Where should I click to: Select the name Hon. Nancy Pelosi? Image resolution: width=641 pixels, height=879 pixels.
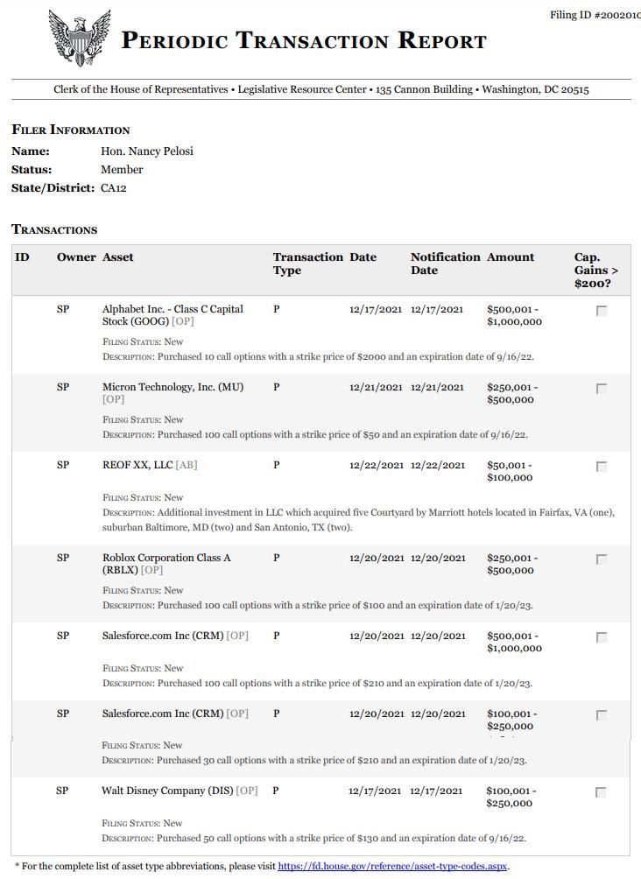tap(147, 151)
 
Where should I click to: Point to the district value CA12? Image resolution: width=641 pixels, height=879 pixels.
tap(114, 187)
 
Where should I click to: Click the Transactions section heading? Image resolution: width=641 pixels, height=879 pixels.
tap(54, 229)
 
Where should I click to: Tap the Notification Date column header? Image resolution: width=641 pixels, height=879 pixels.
tap(445, 264)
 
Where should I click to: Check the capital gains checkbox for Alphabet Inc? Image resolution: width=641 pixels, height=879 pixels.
tap(602, 311)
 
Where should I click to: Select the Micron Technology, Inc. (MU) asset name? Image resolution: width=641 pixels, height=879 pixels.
tap(173, 387)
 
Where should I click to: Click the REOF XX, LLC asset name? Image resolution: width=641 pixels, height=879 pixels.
tap(138, 465)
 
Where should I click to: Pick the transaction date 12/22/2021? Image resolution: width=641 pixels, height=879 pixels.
tap(377, 465)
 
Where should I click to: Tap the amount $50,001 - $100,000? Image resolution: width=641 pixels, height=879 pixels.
tap(510, 471)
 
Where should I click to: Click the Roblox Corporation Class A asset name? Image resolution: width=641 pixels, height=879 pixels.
tap(166, 558)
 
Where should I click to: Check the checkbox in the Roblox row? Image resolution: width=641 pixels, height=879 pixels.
tap(602, 559)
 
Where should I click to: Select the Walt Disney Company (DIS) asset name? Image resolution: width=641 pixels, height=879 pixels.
tap(167, 791)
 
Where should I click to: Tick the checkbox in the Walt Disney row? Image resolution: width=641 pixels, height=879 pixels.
tap(601, 792)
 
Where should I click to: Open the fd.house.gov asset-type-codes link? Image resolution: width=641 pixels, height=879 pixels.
tap(392, 867)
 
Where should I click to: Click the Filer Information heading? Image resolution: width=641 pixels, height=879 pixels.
tap(71, 130)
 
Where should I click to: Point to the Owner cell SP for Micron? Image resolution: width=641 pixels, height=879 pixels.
tap(63, 387)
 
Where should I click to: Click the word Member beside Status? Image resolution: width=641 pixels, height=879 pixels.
tap(122, 170)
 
